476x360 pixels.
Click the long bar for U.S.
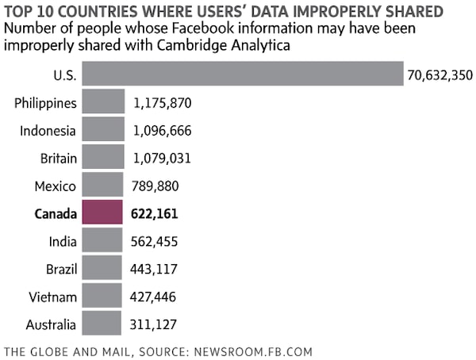(242, 75)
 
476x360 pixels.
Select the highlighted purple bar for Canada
(102, 213)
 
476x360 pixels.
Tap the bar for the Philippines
(102, 102)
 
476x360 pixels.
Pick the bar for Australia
(102, 324)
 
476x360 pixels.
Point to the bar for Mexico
(102, 186)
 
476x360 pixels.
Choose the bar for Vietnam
(102, 297)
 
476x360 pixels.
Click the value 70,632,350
(440, 76)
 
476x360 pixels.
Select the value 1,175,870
(163, 103)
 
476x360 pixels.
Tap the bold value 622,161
(156, 214)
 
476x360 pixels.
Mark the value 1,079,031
(163, 159)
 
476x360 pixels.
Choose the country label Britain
(58, 159)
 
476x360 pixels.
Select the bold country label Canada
(56, 214)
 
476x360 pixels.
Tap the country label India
(62, 242)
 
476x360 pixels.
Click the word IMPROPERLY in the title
(338, 12)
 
